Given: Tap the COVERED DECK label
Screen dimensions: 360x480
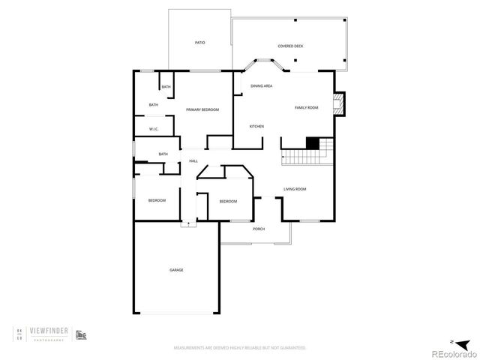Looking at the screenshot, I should pyautogui.click(x=290, y=46).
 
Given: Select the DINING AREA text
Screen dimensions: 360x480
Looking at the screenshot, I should pyautogui.click(x=261, y=86).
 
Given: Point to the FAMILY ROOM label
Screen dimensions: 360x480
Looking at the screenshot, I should pyautogui.click(x=306, y=108).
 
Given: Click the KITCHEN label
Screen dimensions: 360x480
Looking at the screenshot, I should pyautogui.click(x=256, y=126).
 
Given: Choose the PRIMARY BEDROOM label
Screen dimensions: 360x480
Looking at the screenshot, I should pyautogui.click(x=202, y=110).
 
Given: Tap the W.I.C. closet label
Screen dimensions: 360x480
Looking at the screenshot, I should pyautogui.click(x=153, y=129).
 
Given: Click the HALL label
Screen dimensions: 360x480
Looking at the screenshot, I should pyautogui.click(x=193, y=161).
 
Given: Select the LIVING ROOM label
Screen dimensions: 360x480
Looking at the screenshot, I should pyautogui.click(x=295, y=189).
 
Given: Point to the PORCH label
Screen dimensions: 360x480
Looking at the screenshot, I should pyautogui.click(x=259, y=229).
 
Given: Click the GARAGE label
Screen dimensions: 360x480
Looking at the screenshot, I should pyautogui.click(x=176, y=270).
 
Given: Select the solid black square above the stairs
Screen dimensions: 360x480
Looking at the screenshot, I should pyautogui.click(x=312, y=143).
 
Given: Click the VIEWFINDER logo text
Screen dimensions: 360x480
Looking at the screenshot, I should pyautogui.click(x=57, y=328).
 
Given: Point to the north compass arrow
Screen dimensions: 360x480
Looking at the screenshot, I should pyautogui.click(x=451, y=337).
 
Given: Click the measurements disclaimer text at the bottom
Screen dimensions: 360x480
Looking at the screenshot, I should pyautogui.click(x=240, y=348).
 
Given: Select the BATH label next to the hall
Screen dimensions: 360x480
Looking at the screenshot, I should pyautogui.click(x=163, y=154).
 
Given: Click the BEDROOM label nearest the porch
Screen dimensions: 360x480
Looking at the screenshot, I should pyautogui.click(x=228, y=202).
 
